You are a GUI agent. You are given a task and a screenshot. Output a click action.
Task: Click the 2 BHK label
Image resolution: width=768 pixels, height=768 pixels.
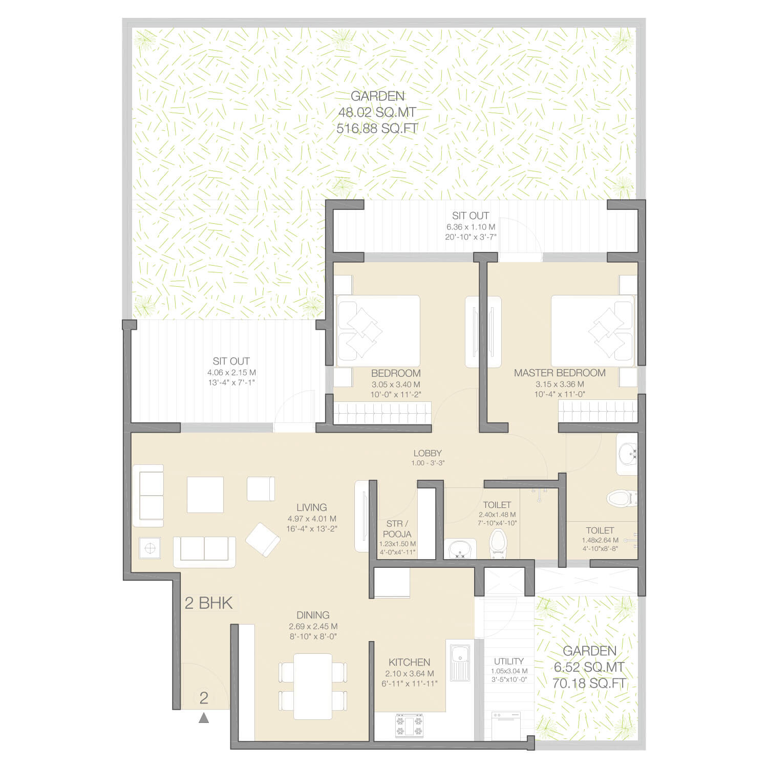(x=208, y=603)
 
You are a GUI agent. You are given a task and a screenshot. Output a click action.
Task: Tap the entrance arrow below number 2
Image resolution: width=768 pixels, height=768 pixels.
(x=204, y=718)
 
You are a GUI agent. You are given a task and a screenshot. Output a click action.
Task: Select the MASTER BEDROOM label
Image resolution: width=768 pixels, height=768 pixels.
(x=560, y=373)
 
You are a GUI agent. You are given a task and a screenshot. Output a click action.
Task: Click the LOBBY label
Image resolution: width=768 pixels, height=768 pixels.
(x=428, y=453)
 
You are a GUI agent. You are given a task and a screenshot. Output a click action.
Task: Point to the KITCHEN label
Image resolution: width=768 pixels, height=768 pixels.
(x=409, y=662)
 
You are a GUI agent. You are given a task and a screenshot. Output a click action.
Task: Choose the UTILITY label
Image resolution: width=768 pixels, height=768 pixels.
(x=508, y=661)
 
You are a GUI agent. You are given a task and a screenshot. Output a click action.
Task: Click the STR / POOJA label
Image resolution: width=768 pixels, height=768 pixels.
(x=397, y=529)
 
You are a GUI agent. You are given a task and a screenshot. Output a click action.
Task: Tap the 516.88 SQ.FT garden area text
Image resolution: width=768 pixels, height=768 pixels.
(x=377, y=129)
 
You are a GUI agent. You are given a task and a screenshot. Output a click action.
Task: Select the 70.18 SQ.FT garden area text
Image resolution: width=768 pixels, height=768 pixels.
(x=589, y=683)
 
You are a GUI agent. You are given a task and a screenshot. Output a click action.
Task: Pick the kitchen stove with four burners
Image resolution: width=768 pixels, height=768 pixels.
(x=409, y=725)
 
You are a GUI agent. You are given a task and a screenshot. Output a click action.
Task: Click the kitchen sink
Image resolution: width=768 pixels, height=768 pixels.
(x=460, y=663)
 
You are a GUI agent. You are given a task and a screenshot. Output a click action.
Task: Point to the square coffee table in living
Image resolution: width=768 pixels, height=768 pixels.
(x=205, y=495)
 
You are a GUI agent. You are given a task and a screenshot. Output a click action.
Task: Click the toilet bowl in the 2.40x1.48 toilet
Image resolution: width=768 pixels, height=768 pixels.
(x=497, y=542)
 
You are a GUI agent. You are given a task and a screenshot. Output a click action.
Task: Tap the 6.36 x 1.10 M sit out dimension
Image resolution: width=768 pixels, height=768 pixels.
(x=471, y=227)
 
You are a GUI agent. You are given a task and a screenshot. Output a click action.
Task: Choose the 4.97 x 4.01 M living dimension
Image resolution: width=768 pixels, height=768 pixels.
(x=312, y=519)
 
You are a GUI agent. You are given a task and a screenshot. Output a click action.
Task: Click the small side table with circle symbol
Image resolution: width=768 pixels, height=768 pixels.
(x=150, y=548)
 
